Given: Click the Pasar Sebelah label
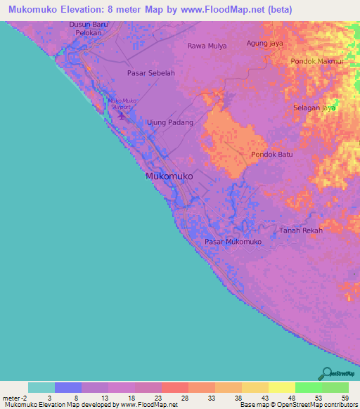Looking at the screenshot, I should click(x=150, y=72).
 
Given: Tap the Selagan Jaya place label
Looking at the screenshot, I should click(x=314, y=108).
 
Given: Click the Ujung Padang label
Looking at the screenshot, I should click(x=169, y=122).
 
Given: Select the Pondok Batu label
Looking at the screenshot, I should click(x=271, y=155).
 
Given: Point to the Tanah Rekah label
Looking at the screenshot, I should click(x=301, y=231).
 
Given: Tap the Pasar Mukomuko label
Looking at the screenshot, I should click(x=233, y=242).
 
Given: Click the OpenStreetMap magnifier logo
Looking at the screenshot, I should click(x=326, y=372).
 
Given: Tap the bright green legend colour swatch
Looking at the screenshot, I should click(x=308, y=387).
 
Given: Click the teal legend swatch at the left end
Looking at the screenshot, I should click(x=41, y=387).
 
